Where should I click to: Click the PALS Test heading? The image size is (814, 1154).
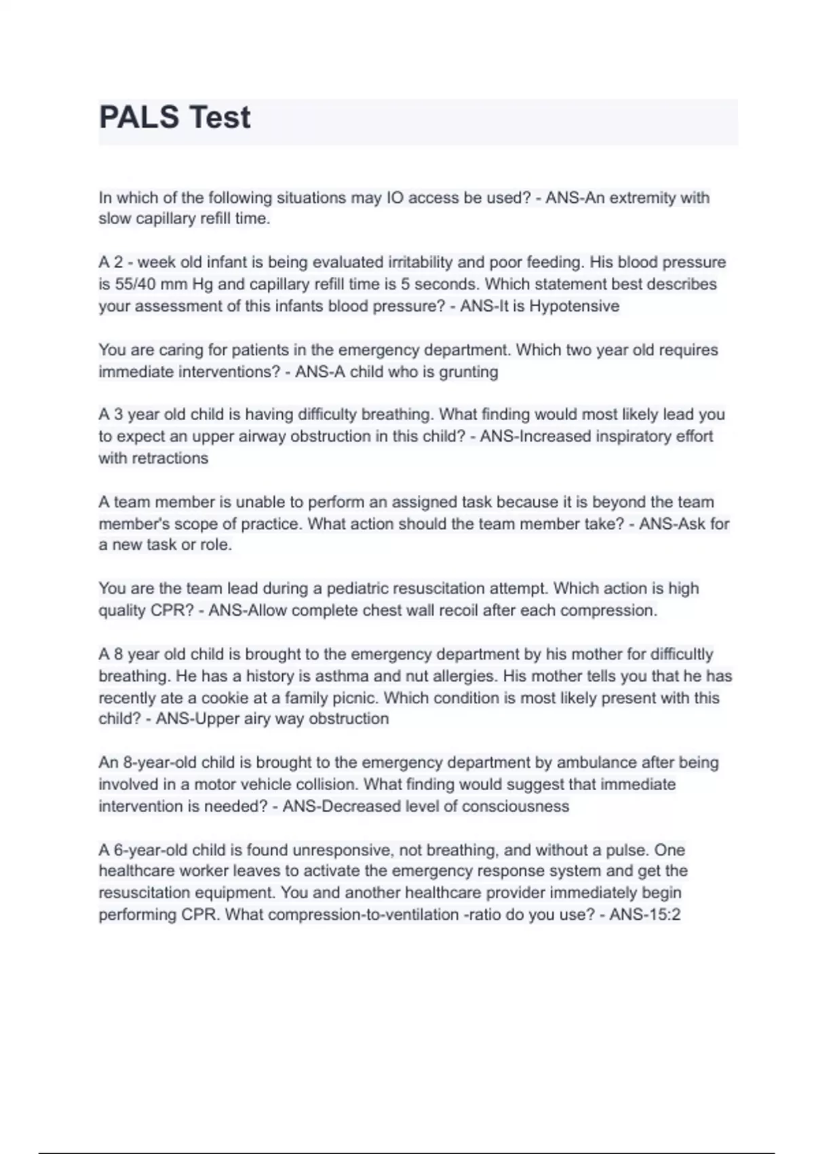[x=175, y=117]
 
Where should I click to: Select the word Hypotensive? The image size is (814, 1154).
[x=574, y=306]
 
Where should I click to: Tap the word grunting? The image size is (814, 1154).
[x=469, y=372]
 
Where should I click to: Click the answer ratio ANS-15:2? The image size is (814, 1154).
[x=644, y=914]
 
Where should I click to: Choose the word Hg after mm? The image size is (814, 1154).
[x=202, y=284]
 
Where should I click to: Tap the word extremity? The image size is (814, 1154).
[x=642, y=198]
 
